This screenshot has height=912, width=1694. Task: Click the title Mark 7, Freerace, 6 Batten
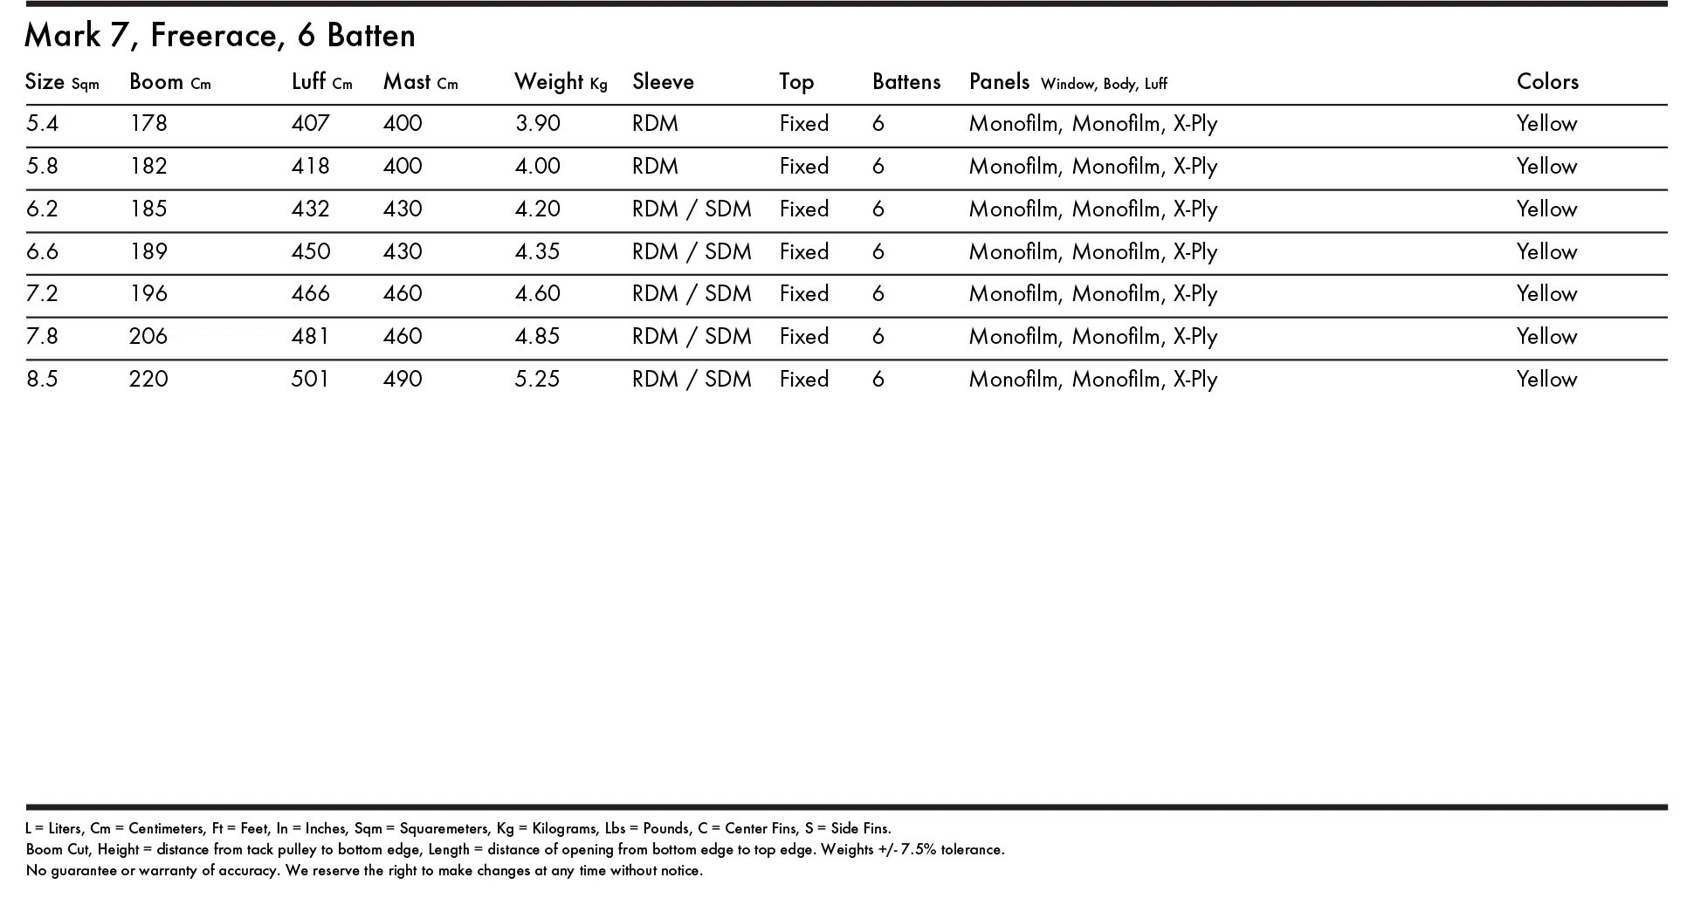point(220,36)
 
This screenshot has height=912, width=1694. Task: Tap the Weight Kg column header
point(560,82)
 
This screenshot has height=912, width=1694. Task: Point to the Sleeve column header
point(663,82)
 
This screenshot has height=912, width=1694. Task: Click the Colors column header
point(1547,82)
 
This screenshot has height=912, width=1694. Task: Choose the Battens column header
point(906,82)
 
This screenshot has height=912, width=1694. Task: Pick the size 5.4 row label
point(42,124)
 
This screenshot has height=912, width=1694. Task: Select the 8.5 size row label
point(42,380)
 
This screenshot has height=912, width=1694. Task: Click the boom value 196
point(148,294)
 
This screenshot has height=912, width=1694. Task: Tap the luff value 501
point(310,380)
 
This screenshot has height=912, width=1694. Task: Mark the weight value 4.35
point(538,252)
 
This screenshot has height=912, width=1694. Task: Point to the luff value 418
point(310,167)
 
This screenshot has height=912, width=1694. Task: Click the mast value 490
point(403,380)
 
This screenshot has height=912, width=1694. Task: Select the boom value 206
point(148,337)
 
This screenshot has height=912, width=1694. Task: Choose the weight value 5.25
point(538,380)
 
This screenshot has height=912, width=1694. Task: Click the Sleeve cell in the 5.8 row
point(655,167)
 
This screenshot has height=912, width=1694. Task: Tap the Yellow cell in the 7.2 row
point(1546,294)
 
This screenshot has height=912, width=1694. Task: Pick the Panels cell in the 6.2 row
point(1092,209)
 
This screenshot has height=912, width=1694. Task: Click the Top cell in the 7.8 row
point(803,337)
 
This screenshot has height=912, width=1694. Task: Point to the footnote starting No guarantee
point(364,870)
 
